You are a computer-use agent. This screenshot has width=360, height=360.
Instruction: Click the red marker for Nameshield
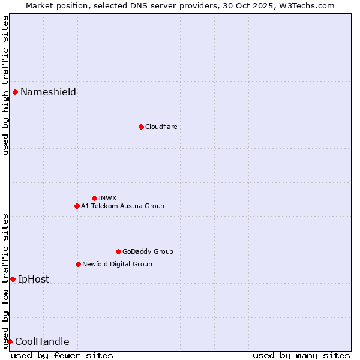pos(15,92)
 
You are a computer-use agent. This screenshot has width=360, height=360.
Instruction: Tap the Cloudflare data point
pos(141,127)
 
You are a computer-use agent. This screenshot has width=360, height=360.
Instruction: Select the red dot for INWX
pos(94,198)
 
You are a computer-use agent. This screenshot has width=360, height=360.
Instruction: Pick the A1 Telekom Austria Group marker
pos(77,206)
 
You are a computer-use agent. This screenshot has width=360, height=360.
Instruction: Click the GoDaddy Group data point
pos(118,251)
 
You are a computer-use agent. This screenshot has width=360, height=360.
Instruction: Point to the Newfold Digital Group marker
pos(78,264)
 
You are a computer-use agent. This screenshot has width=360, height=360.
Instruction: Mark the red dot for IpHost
pos(13,279)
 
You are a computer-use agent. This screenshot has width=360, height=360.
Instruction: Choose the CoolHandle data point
pos(10,341)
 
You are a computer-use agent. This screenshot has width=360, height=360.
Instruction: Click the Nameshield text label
pos(48,92)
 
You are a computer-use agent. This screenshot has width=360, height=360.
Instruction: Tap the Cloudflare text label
pos(161,127)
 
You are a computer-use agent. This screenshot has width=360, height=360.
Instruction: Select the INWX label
pos(107,198)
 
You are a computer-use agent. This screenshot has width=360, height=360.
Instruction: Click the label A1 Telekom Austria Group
pos(122,206)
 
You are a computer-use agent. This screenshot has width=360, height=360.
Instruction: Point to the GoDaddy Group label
pos(148,251)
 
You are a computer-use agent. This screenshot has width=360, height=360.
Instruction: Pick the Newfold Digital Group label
pos(117,264)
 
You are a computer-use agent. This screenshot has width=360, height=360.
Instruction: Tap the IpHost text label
pos(34,279)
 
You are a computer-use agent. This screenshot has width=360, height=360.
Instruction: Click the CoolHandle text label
pos(42,341)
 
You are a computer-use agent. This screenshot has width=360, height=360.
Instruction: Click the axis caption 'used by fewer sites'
pos(62,355)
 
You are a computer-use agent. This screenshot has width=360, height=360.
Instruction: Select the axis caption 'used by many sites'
pos(301,355)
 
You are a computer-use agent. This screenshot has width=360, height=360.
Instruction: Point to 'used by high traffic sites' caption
pos(5,85)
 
